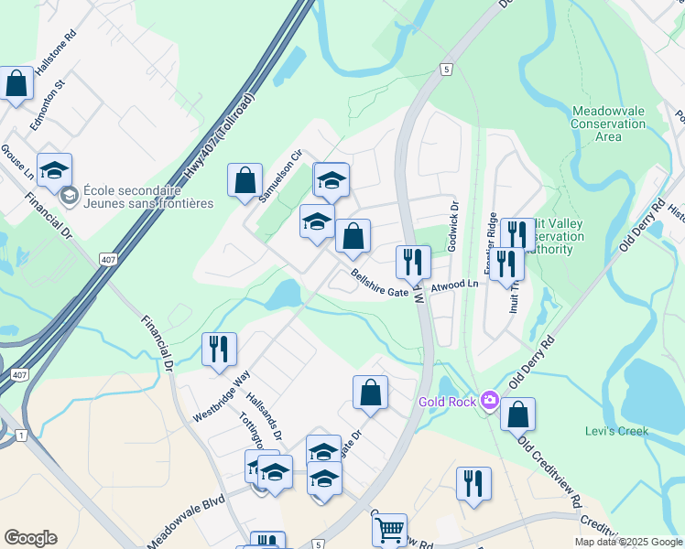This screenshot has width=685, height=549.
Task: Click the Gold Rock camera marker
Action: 490,401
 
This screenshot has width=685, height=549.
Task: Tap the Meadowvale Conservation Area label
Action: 608,124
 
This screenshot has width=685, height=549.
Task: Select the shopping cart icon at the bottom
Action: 390,529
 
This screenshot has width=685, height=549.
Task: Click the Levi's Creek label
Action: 616,431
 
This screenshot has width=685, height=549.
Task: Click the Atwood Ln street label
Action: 456,285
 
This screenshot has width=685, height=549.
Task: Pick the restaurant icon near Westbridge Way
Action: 219,349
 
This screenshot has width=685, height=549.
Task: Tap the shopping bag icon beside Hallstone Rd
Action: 16,83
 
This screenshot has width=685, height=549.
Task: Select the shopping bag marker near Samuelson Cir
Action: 245,179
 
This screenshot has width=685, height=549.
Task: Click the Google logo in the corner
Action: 29,537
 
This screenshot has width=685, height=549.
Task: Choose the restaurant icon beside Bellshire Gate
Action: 413,262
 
